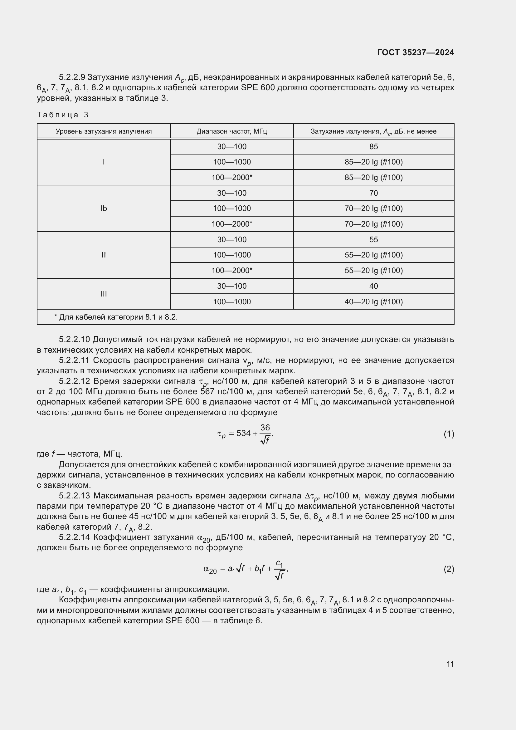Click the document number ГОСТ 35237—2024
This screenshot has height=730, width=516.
415,52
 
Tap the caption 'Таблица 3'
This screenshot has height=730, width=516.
63,115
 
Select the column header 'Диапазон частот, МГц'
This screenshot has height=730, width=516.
231,131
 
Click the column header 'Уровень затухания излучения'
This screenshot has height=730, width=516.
104,131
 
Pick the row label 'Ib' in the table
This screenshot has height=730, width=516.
104,208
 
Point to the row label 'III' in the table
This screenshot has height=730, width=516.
104,294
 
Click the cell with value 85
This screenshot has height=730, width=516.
373,147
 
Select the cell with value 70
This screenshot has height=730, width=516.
373,193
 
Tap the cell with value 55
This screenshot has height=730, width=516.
373,239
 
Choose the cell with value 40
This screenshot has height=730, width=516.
373,286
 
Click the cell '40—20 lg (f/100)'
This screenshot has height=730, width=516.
373,301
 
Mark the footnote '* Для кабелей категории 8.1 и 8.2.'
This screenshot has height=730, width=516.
116,317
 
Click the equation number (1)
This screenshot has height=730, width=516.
449,434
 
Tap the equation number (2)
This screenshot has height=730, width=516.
449,569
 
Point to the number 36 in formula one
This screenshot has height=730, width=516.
265,427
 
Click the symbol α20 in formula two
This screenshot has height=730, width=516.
210,570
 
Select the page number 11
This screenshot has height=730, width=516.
450,664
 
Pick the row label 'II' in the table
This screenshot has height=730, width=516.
104,255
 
